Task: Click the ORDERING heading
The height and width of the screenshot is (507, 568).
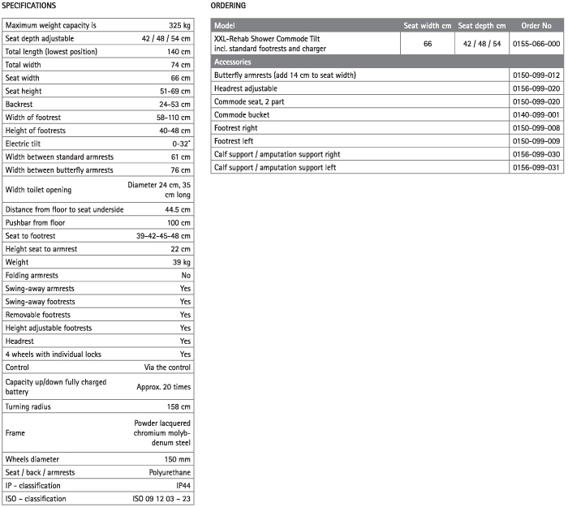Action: [228, 6]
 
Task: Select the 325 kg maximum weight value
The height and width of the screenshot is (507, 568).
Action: [179, 25]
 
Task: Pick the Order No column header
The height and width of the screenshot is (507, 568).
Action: [536, 25]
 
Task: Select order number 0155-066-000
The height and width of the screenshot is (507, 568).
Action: [536, 44]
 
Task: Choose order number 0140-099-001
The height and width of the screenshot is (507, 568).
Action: [536, 114]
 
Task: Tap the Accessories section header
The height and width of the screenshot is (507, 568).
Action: [232, 62]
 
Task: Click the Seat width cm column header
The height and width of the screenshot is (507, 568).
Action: [427, 25]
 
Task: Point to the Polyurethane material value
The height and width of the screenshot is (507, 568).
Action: [168, 472]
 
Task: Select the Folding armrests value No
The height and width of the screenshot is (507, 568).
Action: [186, 275]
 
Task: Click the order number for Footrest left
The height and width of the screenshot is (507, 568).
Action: [536, 141]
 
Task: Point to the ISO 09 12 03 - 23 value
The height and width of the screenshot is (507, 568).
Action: [161, 498]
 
